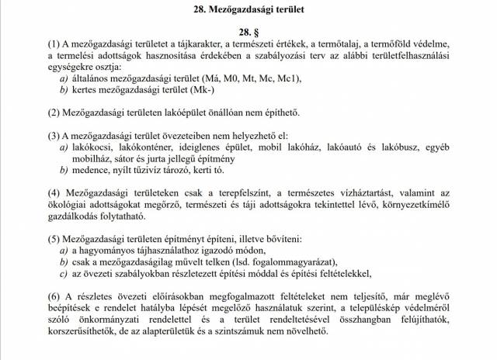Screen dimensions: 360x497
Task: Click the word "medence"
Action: pyautogui.click(x=95, y=170)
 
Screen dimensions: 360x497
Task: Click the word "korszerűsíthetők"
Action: pyautogui.click(x=86, y=331)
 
